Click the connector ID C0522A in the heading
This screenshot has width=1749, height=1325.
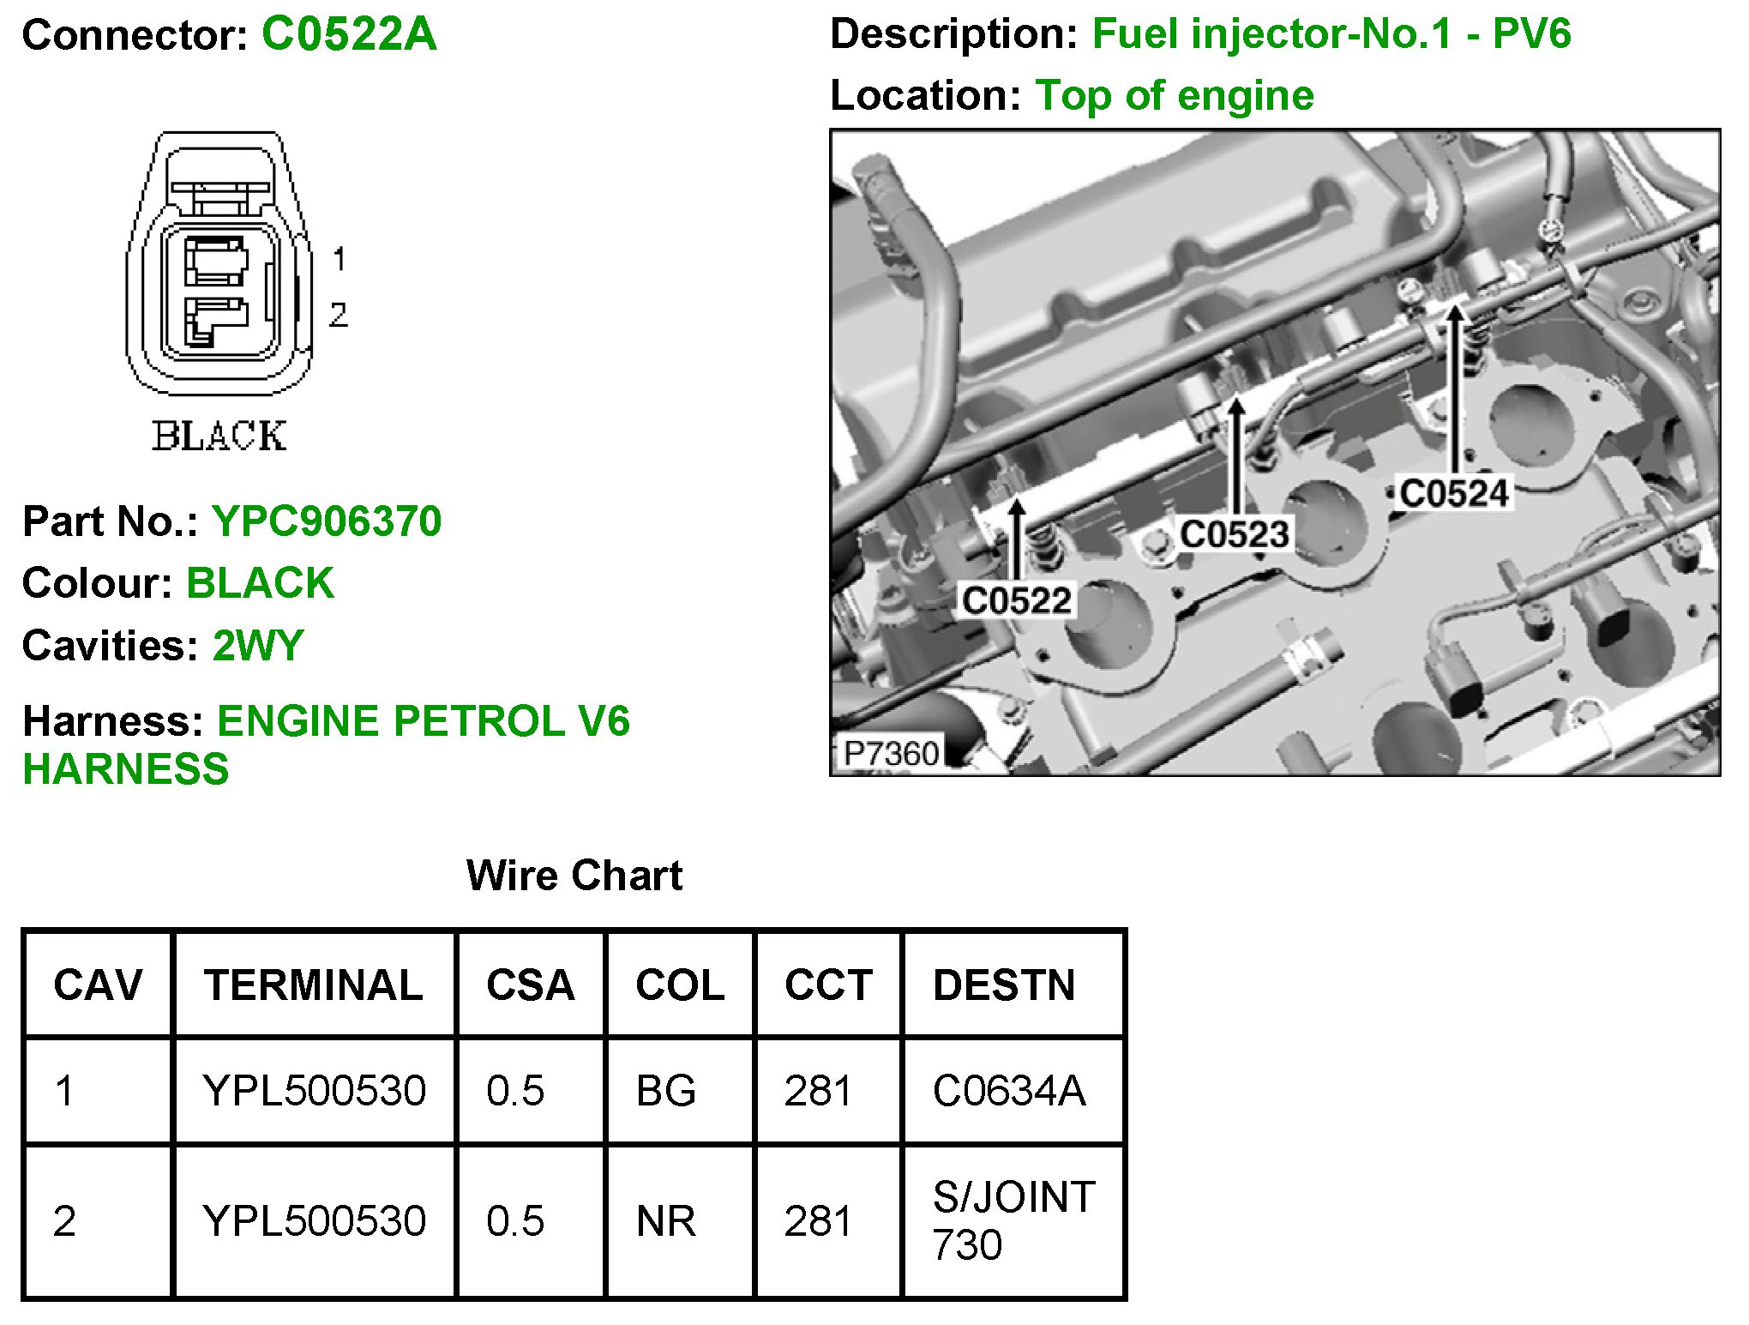[x=349, y=35]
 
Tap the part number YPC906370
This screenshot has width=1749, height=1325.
[x=327, y=521]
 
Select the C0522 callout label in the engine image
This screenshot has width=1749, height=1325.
[x=1016, y=600]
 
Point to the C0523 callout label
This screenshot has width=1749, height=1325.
[x=1234, y=534]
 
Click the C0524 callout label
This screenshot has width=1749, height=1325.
[x=1453, y=493]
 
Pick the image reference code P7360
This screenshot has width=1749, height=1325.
[x=891, y=754]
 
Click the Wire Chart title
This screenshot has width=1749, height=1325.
[x=574, y=876]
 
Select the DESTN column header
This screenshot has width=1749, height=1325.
[x=1004, y=985]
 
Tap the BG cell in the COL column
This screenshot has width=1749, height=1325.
[x=665, y=1091]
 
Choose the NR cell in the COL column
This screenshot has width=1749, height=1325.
[x=665, y=1221]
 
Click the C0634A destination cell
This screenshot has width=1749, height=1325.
[x=1009, y=1091]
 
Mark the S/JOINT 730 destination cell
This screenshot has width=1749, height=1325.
[x=1013, y=1221]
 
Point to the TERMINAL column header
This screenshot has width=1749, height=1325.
[x=314, y=985]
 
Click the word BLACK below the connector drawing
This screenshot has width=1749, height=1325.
[x=219, y=437]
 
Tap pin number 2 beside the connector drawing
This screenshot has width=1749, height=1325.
[x=339, y=315]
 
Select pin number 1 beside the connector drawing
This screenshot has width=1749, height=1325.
[x=340, y=258]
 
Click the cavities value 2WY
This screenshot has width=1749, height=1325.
[x=258, y=646]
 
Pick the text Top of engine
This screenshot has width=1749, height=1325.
[x=1175, y=95]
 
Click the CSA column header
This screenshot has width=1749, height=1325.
[x=531, y=985]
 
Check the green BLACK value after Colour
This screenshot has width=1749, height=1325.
[x=260, y=583]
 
